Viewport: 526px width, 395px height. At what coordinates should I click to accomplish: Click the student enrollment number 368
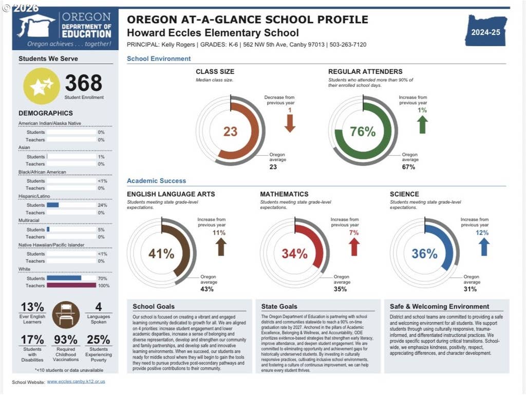click(84, 83)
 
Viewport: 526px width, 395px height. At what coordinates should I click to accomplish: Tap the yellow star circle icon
click(42, 86)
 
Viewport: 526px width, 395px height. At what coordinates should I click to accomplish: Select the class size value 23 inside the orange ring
click(231, 131)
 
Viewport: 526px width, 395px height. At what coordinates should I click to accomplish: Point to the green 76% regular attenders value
click(363, 131)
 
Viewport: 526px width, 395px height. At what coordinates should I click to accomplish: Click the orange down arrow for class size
click(290, 123)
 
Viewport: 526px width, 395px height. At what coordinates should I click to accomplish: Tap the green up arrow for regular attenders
click(422, 124)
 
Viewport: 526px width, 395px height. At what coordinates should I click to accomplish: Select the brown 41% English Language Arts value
click(161, 254)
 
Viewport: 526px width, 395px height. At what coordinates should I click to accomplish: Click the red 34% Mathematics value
click(294, 254)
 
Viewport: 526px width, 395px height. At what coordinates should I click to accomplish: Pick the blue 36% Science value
click(424, 254)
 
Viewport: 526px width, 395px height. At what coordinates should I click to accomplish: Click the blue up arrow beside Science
click(484, 247)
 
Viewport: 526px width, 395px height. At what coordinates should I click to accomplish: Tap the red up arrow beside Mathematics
click(354, 247)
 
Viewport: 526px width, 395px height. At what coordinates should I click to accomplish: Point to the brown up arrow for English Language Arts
click(221, 247)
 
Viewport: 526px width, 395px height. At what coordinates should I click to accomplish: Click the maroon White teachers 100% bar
click(71, 285)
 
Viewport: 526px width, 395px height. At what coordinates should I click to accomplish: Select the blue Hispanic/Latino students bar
click(53, 205)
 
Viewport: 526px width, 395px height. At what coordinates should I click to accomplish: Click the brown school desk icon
click(66, 315)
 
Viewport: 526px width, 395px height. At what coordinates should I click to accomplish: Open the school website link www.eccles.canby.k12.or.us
click(76, 382)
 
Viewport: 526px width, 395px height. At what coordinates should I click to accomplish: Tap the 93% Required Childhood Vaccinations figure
click(66, 339)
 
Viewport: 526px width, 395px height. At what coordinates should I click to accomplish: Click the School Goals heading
click(154, 307)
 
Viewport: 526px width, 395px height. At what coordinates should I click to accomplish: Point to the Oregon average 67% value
click(408, 167)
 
